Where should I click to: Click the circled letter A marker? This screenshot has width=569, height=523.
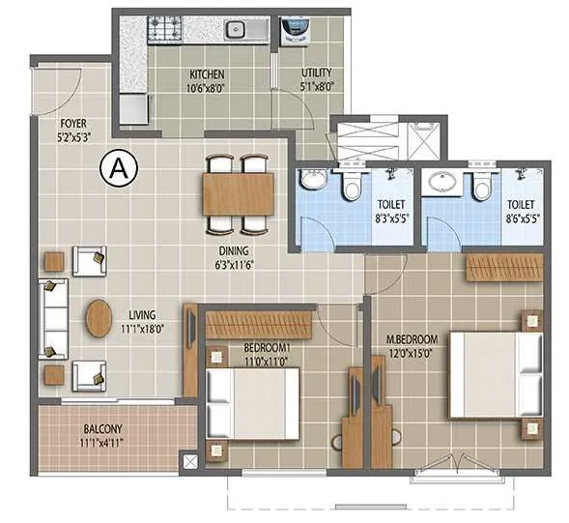[x=119, y=170]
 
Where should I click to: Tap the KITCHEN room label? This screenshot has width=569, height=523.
[x=207, y=74]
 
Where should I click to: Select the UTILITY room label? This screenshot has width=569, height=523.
[x=316, y=74]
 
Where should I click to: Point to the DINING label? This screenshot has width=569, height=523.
[x=234, y=247]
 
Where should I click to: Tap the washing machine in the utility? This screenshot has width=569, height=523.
[x=292, y=33]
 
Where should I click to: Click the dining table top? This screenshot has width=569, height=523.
[x=239, y=193]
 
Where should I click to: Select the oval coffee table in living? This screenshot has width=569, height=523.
[x=99, y=319]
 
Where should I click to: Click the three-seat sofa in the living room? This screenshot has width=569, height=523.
[x=52, y=319]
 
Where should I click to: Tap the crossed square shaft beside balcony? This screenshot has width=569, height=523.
[x=189, y=462]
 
